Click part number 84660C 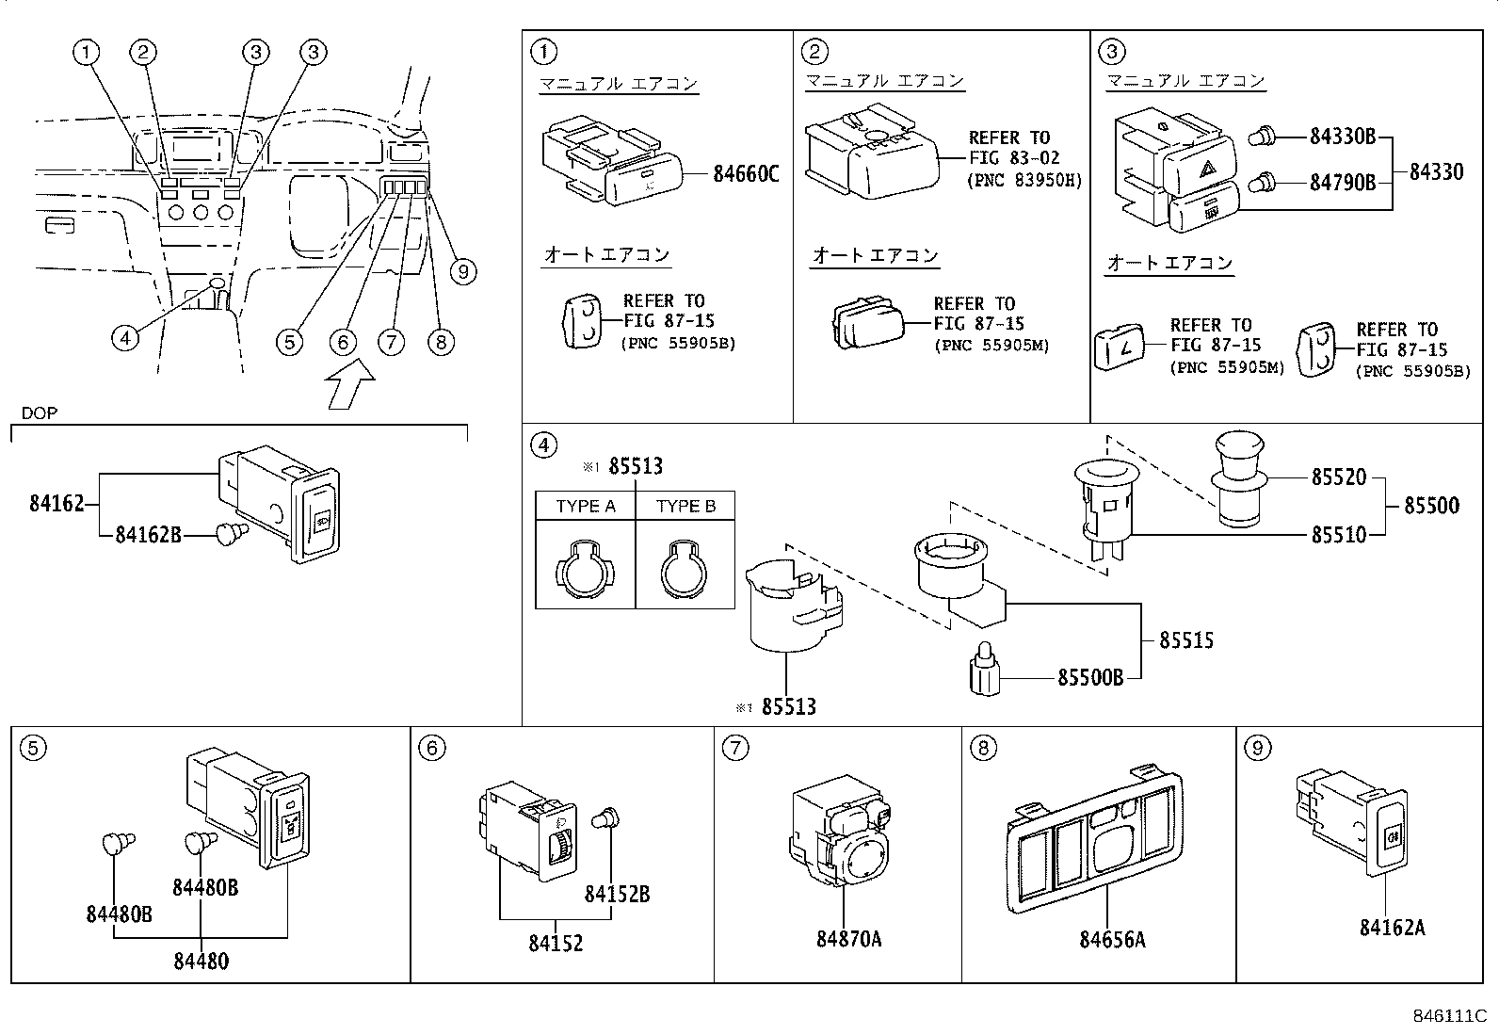coord(746,173)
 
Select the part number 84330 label coord(1436,171)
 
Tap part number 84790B coord(1343,182)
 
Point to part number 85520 coord(1338,477)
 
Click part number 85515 coord(1185,640)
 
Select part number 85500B coord(1090,677)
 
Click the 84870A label coord(848,939)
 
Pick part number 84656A coord(1112,940)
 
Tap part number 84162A coord(1392,928)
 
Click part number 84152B coord(617,894)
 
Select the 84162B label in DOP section coord(149,535)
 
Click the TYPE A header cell coord(585,506)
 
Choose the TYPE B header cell coord(685,506)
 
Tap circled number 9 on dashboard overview coord(462,272)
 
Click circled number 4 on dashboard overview coord(125,336)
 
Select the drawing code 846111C coord(1448,1016)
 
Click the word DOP coord(40,413)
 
